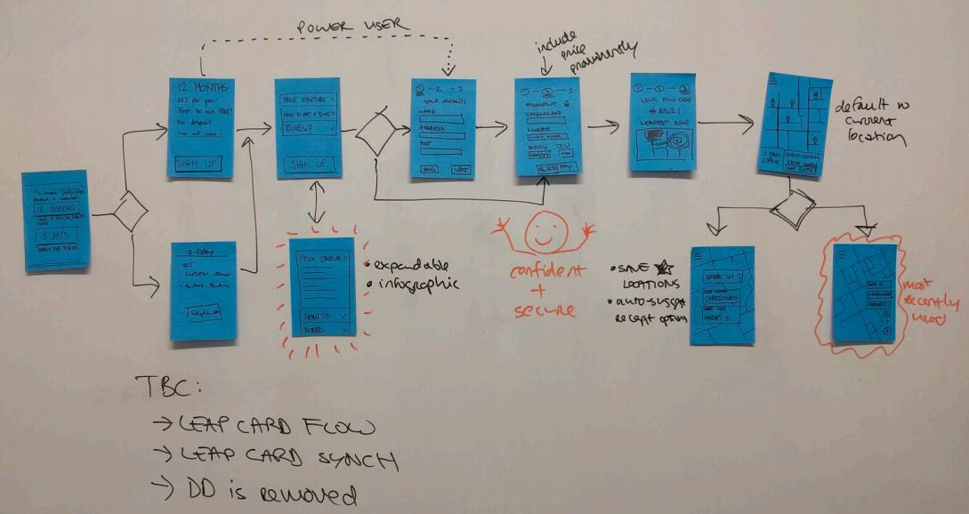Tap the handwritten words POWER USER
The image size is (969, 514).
click(353, 27)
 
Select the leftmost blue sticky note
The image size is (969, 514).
click(56, 220)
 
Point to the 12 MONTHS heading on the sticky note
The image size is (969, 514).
click(203, 88)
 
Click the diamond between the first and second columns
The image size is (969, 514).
click(130, 213)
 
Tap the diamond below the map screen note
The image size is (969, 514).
click(792, 207)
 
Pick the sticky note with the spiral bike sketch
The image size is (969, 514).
click(662, 122)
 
